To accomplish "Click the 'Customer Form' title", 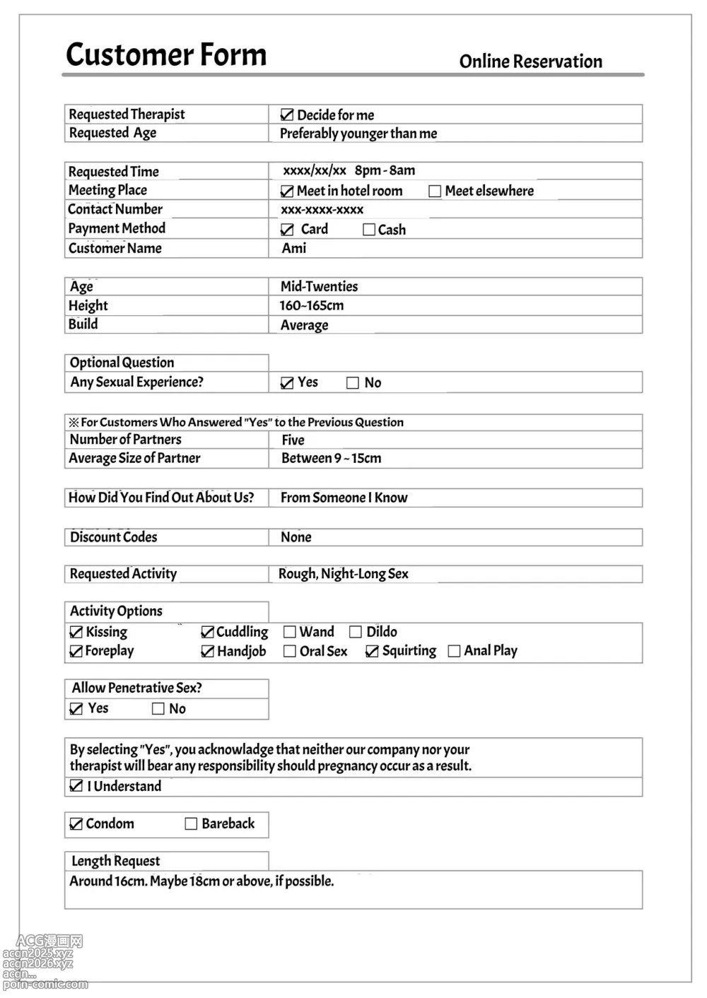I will click(x=166, y=54).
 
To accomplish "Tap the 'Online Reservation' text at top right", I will click(x=530, y=61).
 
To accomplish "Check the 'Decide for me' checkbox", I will click(x=287, y=115).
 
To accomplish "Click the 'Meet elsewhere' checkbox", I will click(x=435, y=191).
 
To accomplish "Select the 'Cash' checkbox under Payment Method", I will click(x=368, y=229).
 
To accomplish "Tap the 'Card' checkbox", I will click(x=287, y=229).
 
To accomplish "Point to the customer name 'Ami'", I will click(x=294, y=248).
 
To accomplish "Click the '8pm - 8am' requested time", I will click(x=385, y=170).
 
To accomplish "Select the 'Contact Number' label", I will click(x=115, y=209).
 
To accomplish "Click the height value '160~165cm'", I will click(x=311, y=305).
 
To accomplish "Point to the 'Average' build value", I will click(x=304, y=325).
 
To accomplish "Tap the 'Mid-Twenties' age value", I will click(x=319, y=286).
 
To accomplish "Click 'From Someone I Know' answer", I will click(x=344, y=498).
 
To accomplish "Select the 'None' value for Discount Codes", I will click(x=296, y=537).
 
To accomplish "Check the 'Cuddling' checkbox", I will click(x=208, y=632).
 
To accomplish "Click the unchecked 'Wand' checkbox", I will click(x=289, y=632).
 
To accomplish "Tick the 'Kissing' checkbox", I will click(x=76, y=632).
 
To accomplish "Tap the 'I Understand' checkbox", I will click(x=76, y=786).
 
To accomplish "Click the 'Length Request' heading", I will click(x=115, y=861).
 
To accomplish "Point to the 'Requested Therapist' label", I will click(x=127, y=115).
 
